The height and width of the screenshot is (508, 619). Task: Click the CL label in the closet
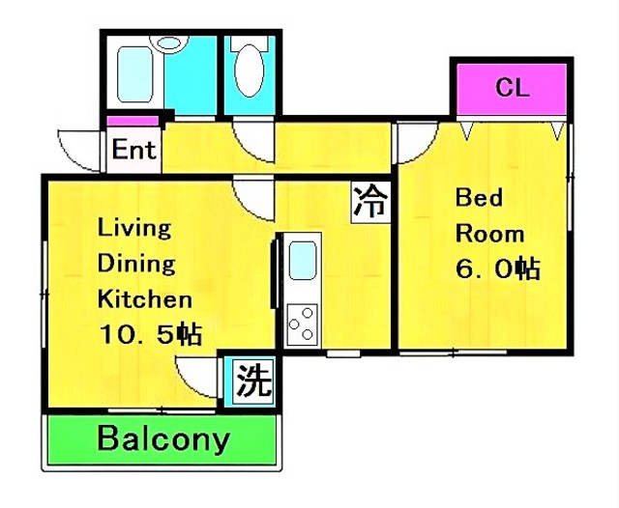pos(512,88)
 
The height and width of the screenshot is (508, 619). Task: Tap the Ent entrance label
pos(133,150)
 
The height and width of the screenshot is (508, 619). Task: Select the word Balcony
pos(163,439)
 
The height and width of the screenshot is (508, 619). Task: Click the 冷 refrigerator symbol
pos(370,202)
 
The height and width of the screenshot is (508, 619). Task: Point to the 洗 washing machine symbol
pos(253,381)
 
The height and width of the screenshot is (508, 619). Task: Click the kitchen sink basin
pos(303,261)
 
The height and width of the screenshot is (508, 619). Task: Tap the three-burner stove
pos(303,325)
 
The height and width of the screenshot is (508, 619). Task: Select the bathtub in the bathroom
pos(135,74)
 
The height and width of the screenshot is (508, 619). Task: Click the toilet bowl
pos(250,71)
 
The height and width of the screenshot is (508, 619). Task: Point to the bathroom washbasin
pos(169,42)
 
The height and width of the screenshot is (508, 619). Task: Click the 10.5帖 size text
pos(151,334)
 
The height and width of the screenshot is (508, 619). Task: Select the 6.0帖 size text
pos(498,268)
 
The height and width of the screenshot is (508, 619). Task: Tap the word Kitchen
pos(145,299)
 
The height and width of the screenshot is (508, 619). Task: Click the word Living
pos(134,228)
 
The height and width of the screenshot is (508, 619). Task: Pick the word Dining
pos(136,264)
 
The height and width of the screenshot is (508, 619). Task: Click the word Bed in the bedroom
pos(479,197)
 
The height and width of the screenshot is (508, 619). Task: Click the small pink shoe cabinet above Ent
pos(133,121)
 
